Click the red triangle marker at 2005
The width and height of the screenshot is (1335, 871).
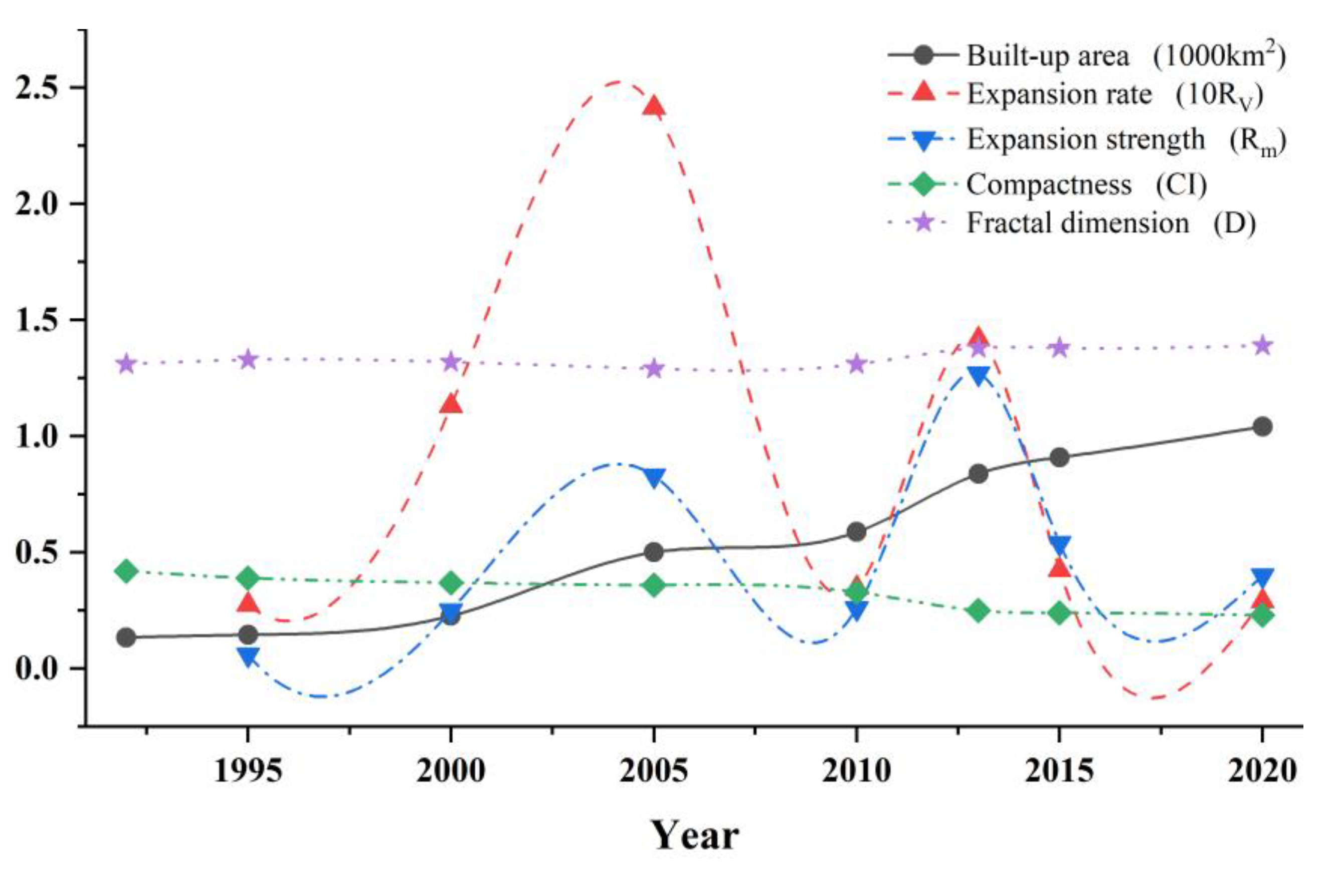(x=654, y=106)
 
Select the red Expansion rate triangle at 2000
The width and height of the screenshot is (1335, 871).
(x=451, y=404)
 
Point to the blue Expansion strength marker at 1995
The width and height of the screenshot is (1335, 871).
(x=248, y=656)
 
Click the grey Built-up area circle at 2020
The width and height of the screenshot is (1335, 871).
(x=1262, y=426)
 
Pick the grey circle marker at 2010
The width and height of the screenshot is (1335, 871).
(x=856, y=532)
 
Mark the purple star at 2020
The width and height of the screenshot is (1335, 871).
(x=1262, y=345)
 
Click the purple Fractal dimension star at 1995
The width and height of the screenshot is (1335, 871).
(x=248, y=359)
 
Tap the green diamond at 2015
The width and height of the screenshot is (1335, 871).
(x=1059, y=613)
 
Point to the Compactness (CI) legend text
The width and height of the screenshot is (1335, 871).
(x=1086, y=184)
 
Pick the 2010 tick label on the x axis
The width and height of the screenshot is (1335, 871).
(x=856, y=771)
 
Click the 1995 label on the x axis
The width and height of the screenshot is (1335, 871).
(x=248, y=771)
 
